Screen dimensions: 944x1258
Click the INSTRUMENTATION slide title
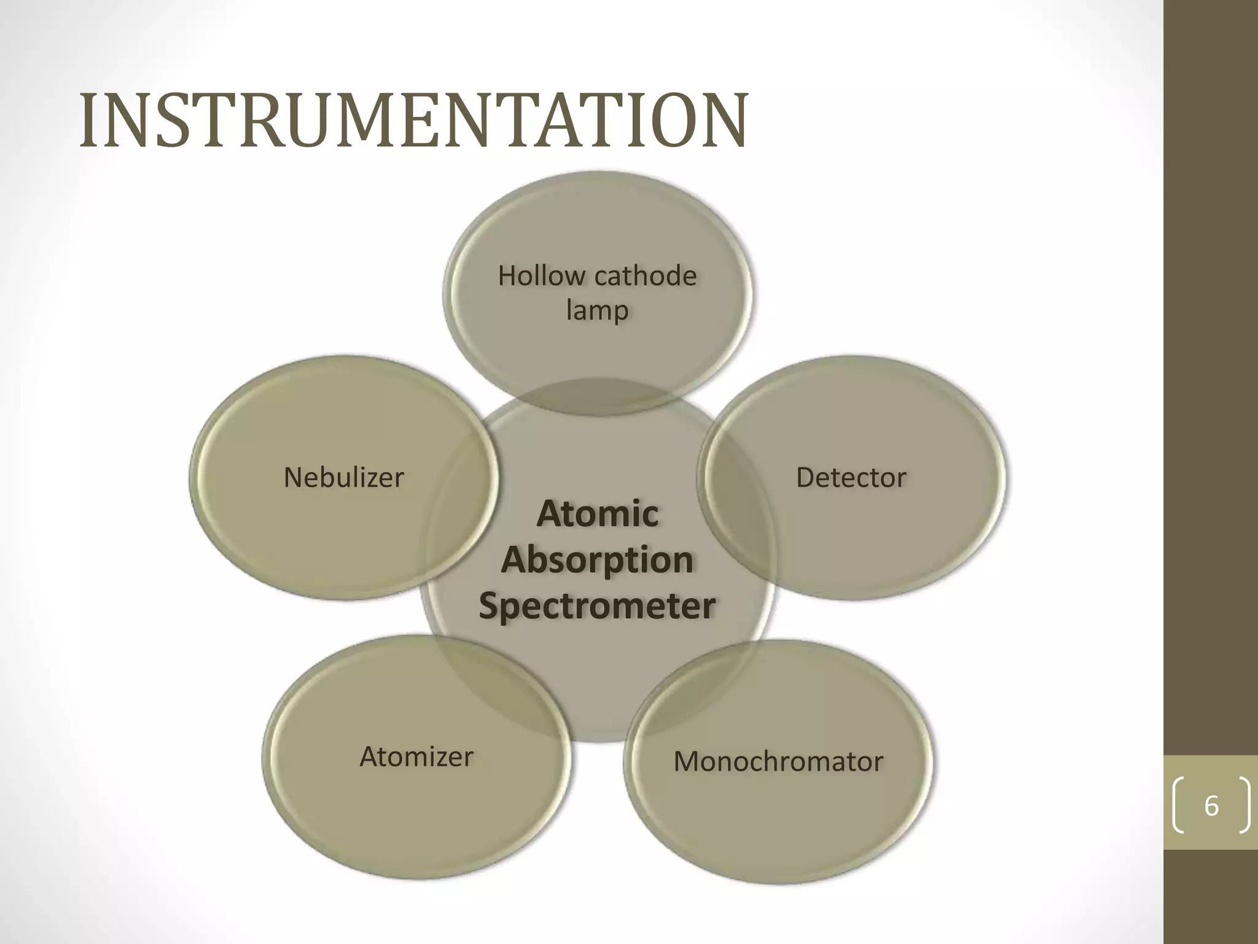click(413, 120)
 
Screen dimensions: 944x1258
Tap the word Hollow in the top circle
click(541, 276)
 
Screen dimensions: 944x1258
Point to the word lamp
click(597, 310)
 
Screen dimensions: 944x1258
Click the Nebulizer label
click(343, 478)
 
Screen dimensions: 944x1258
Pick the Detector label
click(851, 478)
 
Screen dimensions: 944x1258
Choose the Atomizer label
click(416, 757)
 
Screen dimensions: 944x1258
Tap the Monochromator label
click(778, 761)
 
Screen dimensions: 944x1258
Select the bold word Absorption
click(597, 560)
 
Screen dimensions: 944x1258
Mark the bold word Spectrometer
click(597, 606)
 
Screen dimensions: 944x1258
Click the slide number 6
click(1211, 806)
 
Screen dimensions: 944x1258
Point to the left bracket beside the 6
click(1178, 806)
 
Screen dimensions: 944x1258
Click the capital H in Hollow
click(509, 276)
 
